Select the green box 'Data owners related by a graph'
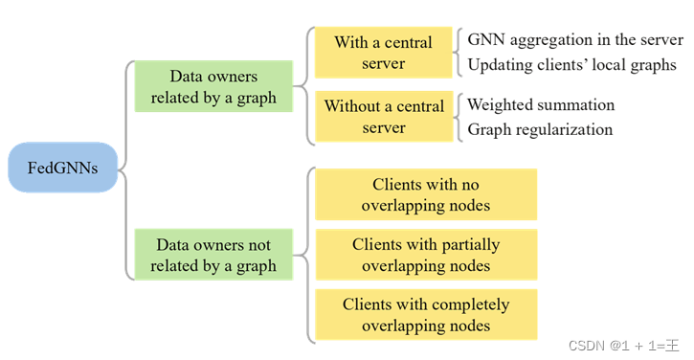coord(213,86)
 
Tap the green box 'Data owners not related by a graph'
coord(213,254)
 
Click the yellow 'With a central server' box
coord(383,53)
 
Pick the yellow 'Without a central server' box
coord(383,116)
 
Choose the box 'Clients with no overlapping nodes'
coord(426,194)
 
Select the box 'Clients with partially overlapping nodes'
coord(426,255)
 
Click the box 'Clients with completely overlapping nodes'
coord(426,315)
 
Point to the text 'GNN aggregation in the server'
coord(574,40)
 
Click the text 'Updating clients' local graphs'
coord(571,65)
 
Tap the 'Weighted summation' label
coord(540,104)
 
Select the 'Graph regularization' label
coord(539,129)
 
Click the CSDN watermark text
coord(622,345)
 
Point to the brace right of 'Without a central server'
coord(459,116)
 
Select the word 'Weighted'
coord(503,104)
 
